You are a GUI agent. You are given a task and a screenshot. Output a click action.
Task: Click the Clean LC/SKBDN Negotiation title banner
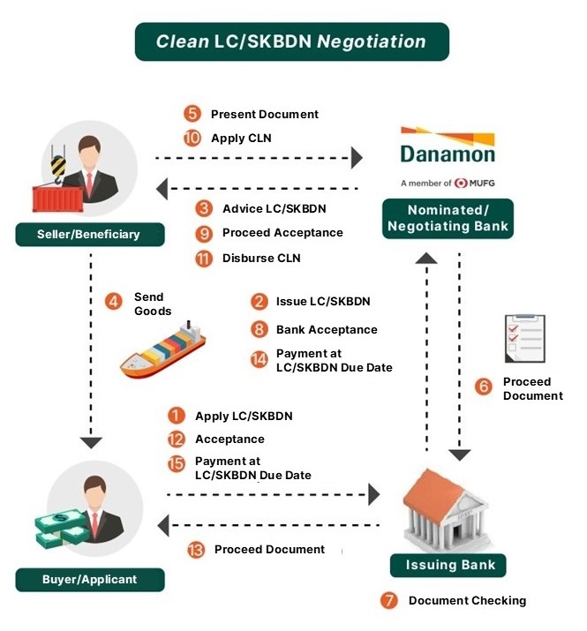tap(292, 41)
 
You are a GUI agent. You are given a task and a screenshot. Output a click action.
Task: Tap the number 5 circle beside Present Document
tap(192, 114)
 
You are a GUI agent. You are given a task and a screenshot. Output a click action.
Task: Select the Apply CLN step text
tap(241, 138)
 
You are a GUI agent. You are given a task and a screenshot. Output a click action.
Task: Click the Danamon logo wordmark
tap(448, 154)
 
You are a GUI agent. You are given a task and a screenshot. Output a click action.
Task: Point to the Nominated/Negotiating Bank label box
tap(448, 219)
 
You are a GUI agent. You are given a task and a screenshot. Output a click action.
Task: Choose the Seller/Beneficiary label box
tap(90, 234)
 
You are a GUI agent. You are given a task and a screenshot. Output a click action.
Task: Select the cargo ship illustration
tap(162, 350)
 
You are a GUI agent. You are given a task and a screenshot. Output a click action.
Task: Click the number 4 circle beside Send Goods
tap(114, 302)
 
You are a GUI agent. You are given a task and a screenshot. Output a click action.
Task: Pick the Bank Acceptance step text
tap(327, 329)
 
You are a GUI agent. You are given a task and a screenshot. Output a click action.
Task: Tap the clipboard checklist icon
tap(524, 339)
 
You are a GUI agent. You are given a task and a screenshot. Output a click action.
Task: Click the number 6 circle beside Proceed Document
tap(483, 387)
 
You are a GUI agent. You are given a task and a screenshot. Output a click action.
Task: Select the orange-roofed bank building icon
tap(446, 510)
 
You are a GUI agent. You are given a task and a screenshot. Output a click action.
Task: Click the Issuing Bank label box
tap(448, 565)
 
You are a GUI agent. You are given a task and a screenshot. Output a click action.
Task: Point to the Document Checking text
tap(467, 600)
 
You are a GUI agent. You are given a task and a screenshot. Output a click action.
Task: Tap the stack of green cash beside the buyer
tap(61, 529)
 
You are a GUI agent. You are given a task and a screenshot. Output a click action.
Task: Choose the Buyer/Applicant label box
tap(90, 580)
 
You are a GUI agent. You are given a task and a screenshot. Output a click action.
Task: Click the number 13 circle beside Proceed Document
tap(196, 549)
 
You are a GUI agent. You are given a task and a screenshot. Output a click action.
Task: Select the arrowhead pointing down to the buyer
tap(91, 443)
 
